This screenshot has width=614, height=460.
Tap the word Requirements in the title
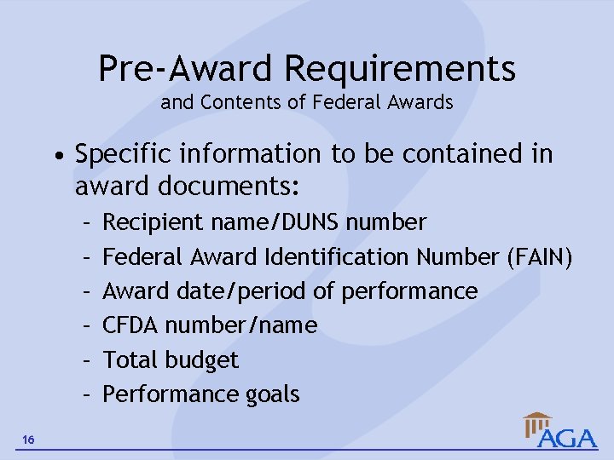[x=400, y=68]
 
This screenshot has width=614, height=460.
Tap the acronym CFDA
[x=131, y=325]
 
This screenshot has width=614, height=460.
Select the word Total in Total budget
[x=130, y=359]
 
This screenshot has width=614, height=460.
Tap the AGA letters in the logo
[x=568, y=438]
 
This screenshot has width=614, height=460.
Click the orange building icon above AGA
[x=537, y=422]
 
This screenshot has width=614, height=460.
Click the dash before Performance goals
[x=88, y=394]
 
